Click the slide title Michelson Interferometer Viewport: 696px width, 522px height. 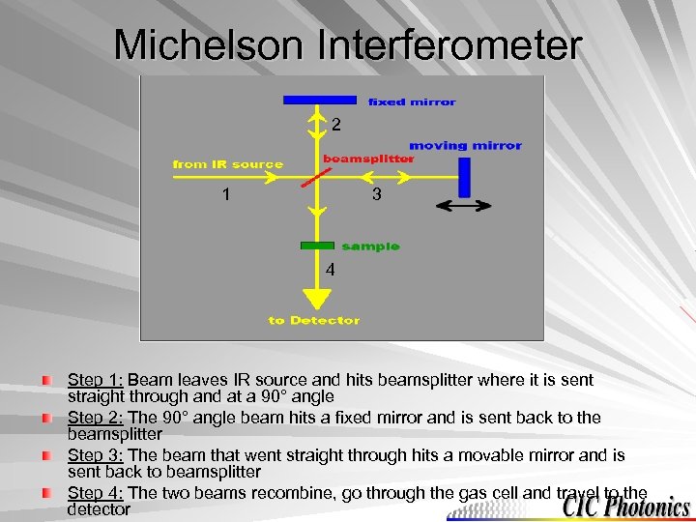coord(348,44)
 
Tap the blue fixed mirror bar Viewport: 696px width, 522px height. coord(319,100)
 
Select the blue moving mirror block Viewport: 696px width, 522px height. coord(464,178)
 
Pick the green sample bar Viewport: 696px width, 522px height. coord(317,246)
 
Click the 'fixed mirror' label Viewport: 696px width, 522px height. coord(412,101)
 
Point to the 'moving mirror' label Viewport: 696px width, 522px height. coord(465,146)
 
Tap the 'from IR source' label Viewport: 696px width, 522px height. coord(228,164)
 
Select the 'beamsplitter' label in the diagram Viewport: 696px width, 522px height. coord(367,159)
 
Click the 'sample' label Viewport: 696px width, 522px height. coord(370,246)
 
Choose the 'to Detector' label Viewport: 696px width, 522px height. coord(314,320)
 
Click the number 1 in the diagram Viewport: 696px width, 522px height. coord(225,194)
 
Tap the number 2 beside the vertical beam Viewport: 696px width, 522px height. coord(335,125)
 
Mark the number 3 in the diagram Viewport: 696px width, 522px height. coord(377,194)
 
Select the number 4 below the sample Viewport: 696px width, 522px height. coord(330,271)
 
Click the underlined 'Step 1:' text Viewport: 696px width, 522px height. coord(96,380)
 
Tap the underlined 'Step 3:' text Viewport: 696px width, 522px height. coord(96,454)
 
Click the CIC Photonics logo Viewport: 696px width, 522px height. coord(627,506)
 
